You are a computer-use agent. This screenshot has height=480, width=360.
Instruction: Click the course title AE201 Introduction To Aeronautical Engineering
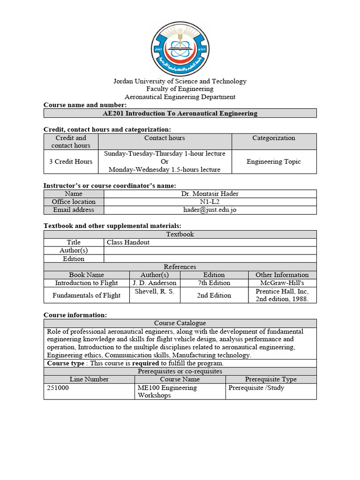180,113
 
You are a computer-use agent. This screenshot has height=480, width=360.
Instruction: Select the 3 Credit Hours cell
71,161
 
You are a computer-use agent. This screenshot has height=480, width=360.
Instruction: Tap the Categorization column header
274,138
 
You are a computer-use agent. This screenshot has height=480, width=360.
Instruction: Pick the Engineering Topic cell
274,161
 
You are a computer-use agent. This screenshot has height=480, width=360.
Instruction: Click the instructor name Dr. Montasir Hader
210,194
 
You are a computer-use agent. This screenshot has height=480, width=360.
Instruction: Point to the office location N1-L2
210,202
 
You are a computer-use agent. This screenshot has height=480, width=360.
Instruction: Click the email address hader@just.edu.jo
210,210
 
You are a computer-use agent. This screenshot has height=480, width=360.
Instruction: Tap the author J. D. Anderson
154,283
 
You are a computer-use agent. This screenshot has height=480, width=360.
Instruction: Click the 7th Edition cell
214,283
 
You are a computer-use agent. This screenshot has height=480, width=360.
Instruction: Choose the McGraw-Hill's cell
282,283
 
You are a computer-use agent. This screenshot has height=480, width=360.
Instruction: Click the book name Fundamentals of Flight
86,295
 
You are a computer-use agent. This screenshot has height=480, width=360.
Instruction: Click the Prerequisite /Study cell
256,388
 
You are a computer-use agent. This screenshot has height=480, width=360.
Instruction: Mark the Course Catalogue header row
180,323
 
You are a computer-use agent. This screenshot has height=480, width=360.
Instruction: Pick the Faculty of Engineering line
180,89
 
